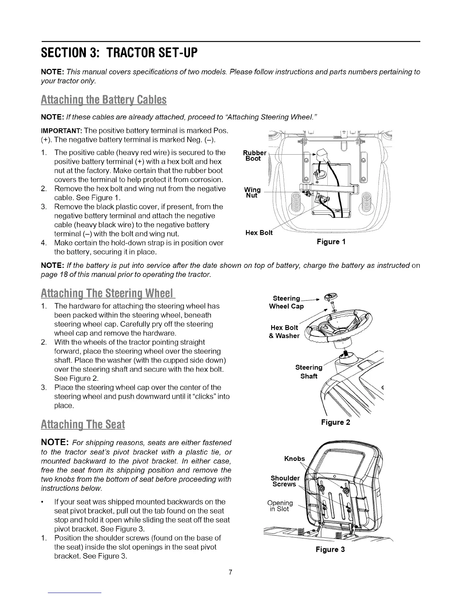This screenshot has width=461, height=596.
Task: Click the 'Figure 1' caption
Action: pyautogui.click(x=331, y=242)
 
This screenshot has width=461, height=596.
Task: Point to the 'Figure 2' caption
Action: pyautogui.click(x=335, y=422)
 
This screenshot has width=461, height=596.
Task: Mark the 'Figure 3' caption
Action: pyautogui.click(x=330, y=549)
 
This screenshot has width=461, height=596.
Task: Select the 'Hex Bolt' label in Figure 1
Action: pyautogui.click(x=259, y=233)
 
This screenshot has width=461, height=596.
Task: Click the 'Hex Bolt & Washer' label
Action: pyautogui.click(x=284, y=331)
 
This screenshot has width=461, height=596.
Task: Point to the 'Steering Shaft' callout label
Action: pyautogui.click(x=309, y=372)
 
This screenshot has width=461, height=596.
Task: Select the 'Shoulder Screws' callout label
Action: pyautogui.click(x=285, y=481)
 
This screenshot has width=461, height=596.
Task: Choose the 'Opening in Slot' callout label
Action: pyautogui.click(x=280, y=506)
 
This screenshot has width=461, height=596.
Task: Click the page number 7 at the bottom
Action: pyautogui.click(x=230, y=573)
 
